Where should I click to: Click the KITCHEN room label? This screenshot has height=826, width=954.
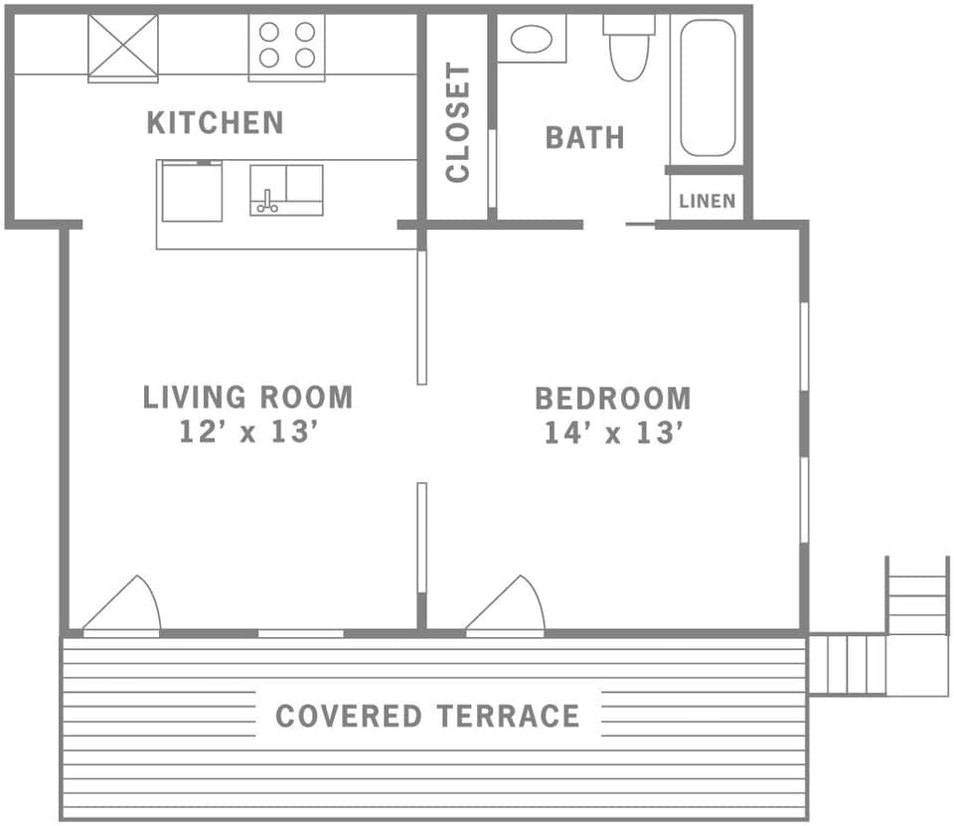(215, 123)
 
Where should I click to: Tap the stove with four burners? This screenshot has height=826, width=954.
(286, 46)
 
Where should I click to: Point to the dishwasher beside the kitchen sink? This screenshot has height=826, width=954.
(192, 191)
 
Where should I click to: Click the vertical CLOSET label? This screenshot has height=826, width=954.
(457, 123)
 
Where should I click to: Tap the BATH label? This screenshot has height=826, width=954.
(584, 137)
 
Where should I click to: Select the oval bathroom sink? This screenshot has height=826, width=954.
(532, 39)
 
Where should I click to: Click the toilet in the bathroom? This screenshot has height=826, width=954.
(628, 50)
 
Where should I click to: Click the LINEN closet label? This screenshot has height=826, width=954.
(708, 202)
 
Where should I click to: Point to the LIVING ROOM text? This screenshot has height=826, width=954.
(247, 398)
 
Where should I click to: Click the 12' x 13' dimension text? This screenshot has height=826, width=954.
(247, 433)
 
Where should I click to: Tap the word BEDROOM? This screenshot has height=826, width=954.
(612, 400)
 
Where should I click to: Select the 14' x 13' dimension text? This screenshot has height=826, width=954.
(612, 434)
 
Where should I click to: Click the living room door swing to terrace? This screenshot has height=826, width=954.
(124, 605)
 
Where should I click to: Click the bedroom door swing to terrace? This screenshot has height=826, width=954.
(508, 605)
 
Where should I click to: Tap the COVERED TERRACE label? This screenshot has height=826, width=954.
(427, 716)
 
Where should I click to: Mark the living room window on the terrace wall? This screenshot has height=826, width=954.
(301, 633)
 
